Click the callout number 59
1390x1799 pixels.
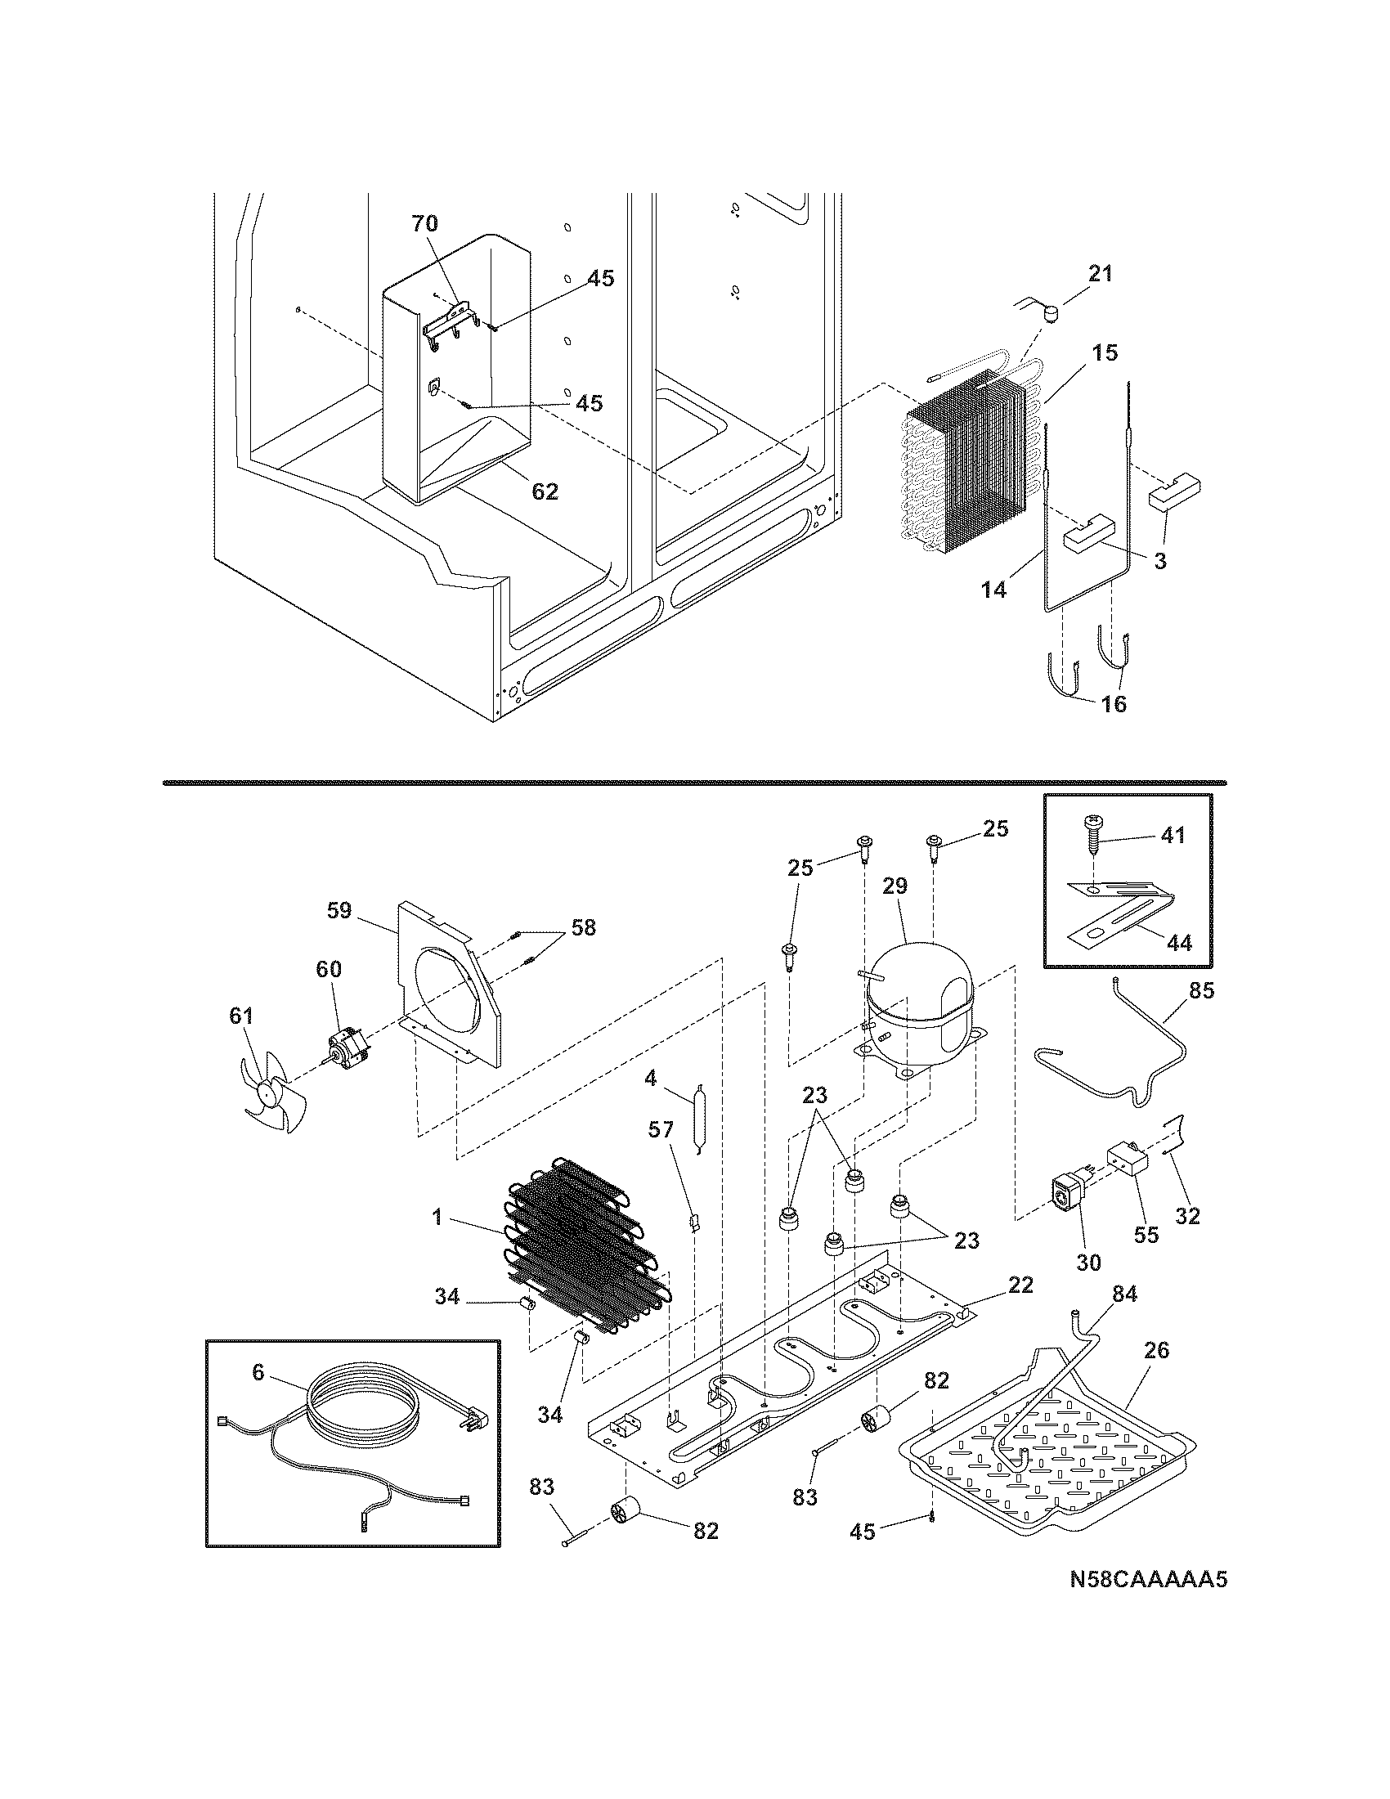[339, 910]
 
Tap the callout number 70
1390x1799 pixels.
[424, 223]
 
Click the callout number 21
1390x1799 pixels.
[1100, 273]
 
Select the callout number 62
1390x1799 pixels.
[545, 491]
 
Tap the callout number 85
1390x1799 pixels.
[1201, 991]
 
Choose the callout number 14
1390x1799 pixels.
[994, 590]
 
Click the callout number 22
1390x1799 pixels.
[1020, 1285]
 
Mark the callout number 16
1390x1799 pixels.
[1114, 704]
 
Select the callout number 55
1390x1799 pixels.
[1146, 1257]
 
